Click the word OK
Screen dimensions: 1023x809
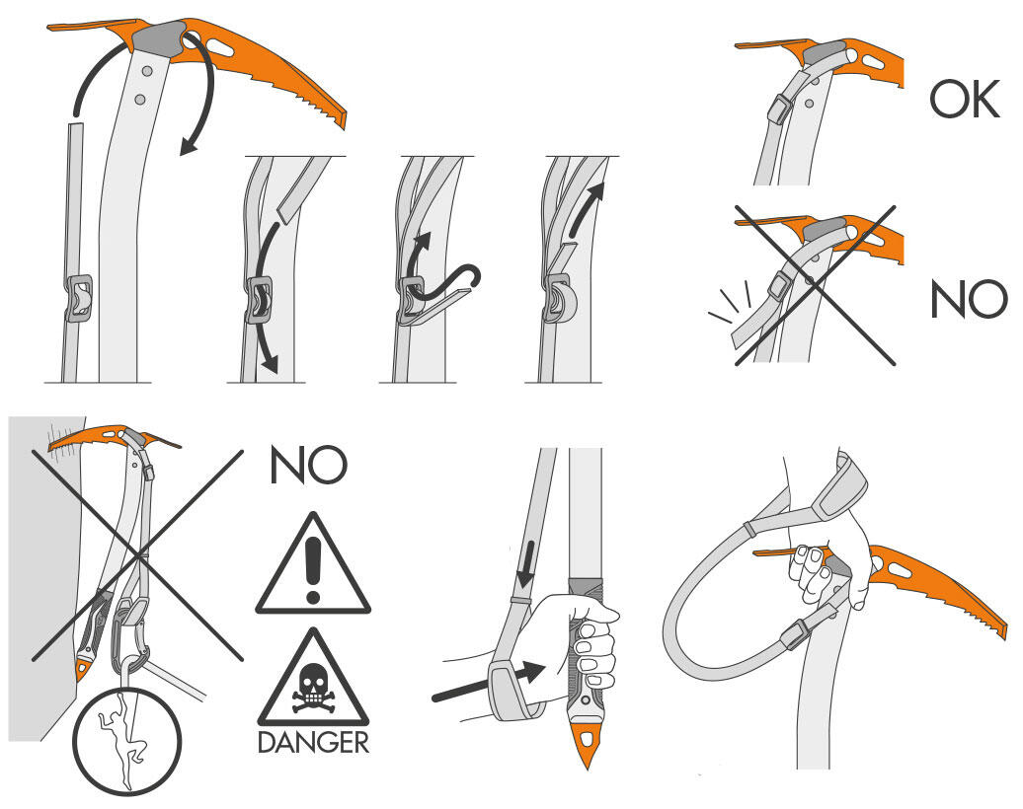[965, 100]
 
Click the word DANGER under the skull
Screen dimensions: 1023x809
[313, 743]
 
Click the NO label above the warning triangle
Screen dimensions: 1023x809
[308, 465]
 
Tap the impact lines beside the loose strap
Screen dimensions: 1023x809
[732, 302]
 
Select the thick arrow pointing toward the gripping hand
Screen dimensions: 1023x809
[489, 684]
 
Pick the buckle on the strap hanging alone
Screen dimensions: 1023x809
[78, 299]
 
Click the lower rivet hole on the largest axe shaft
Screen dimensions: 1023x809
[139, 99]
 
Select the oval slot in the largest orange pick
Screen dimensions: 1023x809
[222, 47]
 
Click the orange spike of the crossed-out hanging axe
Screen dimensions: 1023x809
[82, 669]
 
